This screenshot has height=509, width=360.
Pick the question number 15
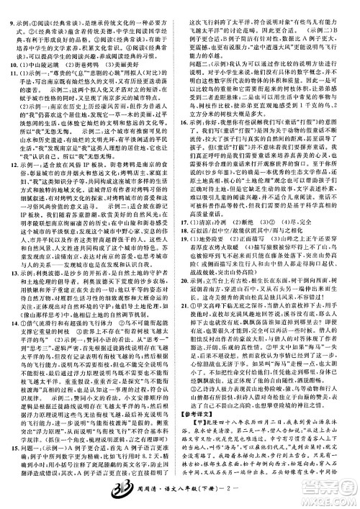10,449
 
